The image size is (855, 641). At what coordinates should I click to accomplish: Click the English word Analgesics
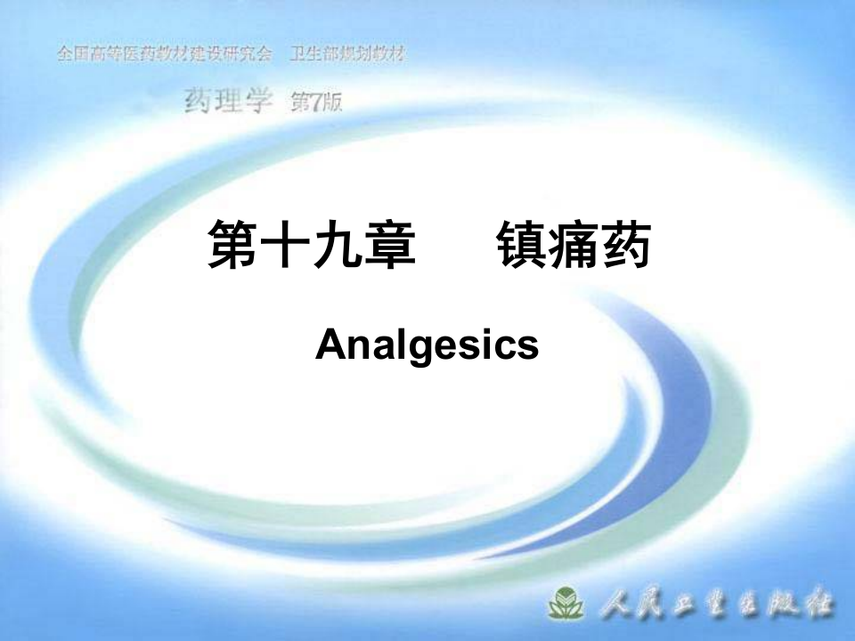coord(427,345)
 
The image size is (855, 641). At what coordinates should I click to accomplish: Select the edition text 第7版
coord(316,102)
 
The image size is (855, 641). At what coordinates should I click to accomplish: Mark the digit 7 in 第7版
coord(316,102)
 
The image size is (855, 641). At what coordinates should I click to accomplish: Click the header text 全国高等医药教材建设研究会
coord(164,54)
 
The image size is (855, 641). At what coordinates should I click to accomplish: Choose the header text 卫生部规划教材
coord(348,54)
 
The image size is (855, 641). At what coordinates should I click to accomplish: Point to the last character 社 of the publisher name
coord(818,606)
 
